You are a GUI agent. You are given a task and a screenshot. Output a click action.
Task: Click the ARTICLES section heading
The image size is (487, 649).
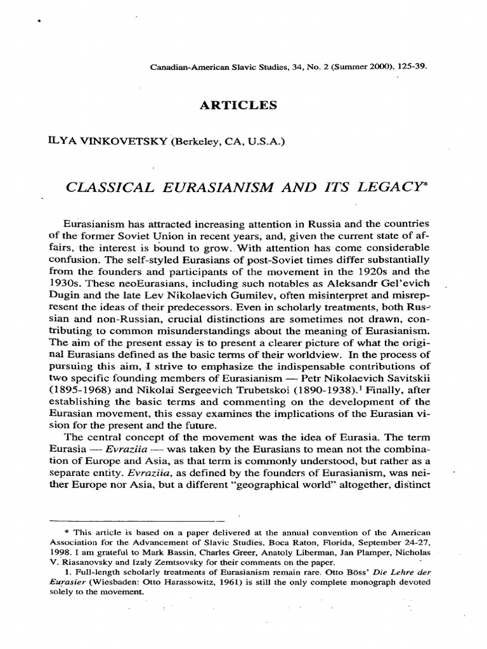238,106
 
